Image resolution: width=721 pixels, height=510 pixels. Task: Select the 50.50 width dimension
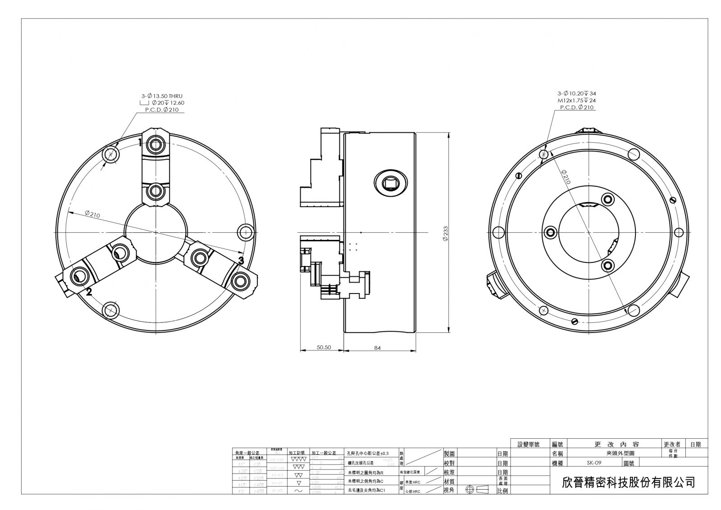click(324, 347)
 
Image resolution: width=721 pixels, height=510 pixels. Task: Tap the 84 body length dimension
click(378, 347)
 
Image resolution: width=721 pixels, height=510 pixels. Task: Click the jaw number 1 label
click(140, 142)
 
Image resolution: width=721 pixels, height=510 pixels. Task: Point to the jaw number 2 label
click(89, 292)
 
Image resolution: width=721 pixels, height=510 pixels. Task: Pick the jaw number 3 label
click(241, 260)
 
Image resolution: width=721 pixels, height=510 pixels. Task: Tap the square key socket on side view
click(391, 183)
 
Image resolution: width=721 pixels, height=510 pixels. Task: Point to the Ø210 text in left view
click(92, 214)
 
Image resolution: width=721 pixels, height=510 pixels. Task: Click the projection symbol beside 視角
click(477, 490)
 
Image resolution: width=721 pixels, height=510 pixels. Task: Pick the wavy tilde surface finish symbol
click(298, 491)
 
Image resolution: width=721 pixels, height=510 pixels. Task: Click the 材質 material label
click(449, 482)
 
